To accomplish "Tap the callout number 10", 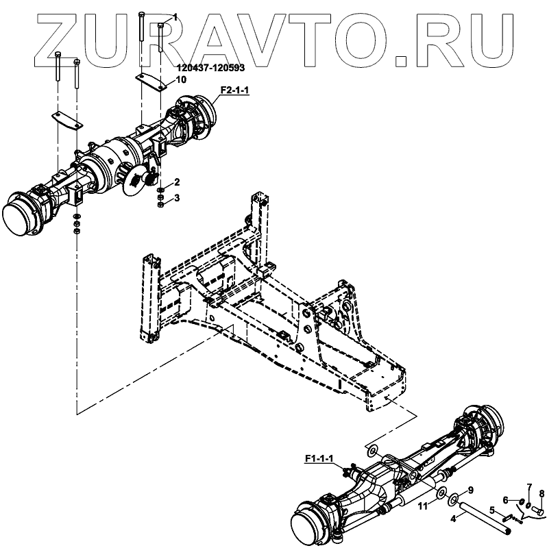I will point(181,79).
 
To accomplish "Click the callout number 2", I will point(177,182).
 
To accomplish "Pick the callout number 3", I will point(177,198).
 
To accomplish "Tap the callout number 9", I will point(470,490).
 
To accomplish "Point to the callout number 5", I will point(491,510).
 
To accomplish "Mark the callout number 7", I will point(528,486).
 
